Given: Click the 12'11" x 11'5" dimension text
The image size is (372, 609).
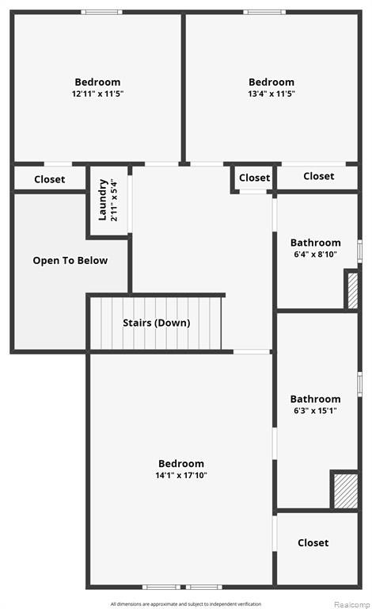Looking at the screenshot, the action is (x=97, y=94).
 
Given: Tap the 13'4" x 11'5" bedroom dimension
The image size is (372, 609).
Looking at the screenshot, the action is (x=271, y=94).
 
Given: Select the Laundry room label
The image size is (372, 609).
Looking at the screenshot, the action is (x=103, y=200).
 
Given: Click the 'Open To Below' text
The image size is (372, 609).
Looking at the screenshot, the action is (x=70, y=260).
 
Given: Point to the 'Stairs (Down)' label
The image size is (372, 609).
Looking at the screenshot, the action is (x=157, y=323).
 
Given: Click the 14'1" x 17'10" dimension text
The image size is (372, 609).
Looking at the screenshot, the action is (x=181, y=475).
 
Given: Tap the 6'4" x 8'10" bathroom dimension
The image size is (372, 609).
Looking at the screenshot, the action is (x=316, y=255).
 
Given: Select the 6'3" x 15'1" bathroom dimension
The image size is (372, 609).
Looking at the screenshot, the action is (x=316, y=411).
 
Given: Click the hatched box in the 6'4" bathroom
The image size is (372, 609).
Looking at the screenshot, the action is (x=352, y=291).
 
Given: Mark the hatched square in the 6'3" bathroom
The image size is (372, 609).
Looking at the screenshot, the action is (x=346, y=491).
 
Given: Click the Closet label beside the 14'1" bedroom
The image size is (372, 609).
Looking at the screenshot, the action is (x=313, y=542).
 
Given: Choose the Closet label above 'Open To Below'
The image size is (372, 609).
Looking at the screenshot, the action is (x=50, y=179).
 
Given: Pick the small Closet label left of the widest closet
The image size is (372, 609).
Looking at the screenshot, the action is (x=254, y=178).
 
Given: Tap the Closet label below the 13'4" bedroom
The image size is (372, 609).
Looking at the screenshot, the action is (x=318, y=176).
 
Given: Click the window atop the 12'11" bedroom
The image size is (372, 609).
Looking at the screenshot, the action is (x=101, y=12).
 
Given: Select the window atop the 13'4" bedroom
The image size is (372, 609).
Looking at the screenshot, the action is (x=264, y=12).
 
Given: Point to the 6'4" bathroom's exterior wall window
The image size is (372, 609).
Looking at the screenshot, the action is (x=359, y=251).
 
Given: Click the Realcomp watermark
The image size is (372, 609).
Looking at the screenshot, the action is (x=352, y=604).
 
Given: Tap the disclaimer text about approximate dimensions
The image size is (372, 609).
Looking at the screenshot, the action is (x=186, y=604).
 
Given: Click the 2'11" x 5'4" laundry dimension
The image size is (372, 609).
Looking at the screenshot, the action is (x=113, y=200).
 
